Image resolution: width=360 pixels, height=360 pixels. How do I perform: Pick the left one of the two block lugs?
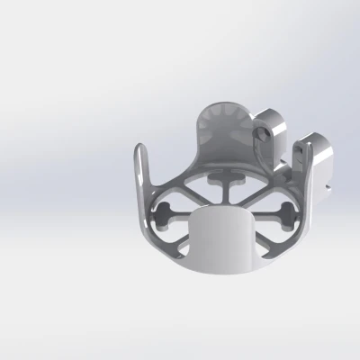click(x=270, y=135)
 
